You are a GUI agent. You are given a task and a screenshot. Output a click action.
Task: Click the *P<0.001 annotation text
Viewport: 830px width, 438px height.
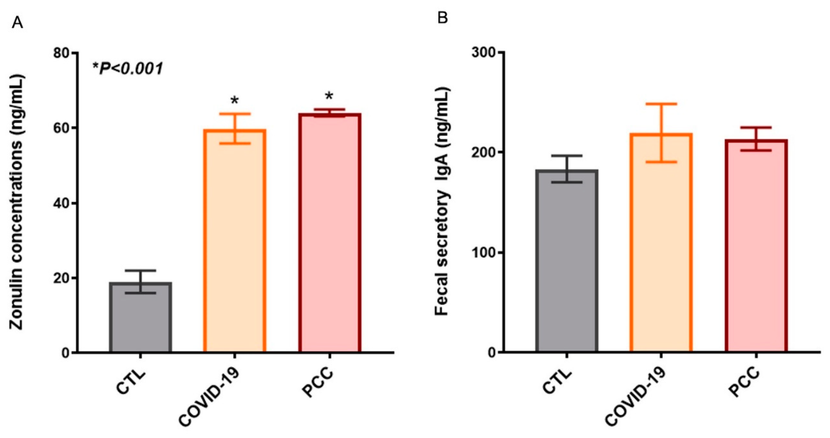pyautogui.click(x=128, y=69)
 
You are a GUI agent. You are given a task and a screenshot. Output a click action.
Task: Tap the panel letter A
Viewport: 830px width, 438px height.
pyautogui.click(x=17, y=24)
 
